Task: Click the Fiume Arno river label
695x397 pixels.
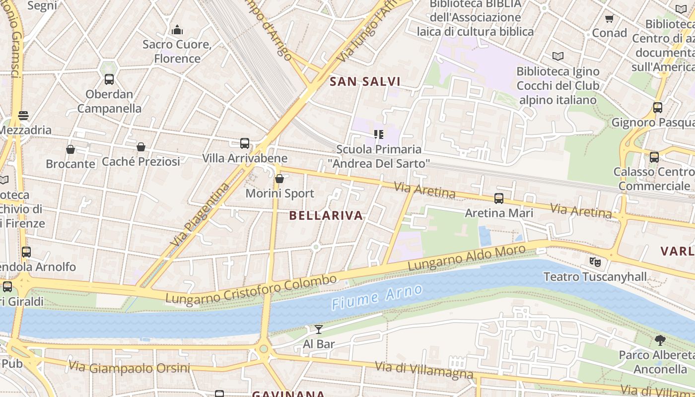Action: pyautogui.click(x=377, y=297)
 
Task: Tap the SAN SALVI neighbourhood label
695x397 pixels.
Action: pyautogui.click(x=365, y=82)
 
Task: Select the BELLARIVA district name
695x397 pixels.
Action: pyautogui.click(x=326, y=215)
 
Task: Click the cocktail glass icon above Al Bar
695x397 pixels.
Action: pyautogui.click(x=319, y=330)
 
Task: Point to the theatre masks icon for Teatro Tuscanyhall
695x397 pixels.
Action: pyautogui.click(x=595, y=262)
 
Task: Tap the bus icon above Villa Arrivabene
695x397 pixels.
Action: pyautogui.click(x=245, y=143)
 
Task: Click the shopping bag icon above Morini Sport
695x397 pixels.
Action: pyautogui.click(x=279, y=179)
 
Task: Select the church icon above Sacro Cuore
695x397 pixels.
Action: pyautogui.click(x=177, y=30)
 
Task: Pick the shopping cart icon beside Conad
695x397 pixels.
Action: pyautogui.click(x=610, y=19)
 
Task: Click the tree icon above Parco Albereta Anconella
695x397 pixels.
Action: pyautogui.click(x=660, y=340)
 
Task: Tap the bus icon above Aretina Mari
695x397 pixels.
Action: pyautogui.click(x=499, y=198)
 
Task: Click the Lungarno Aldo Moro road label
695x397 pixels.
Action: pyautogui.click(x=466, y=258)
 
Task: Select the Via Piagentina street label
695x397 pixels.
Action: pyautogui.click(x=201, y=215)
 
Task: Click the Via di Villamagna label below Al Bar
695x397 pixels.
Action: pyautogui.click(x=424, y=370)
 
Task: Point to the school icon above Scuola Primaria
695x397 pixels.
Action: pyautogui.click(x=379, y=134)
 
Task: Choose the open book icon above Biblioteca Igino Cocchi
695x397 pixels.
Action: pyautogui.click(x=558, y=57)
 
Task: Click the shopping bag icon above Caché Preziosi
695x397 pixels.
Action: pyautogui.click(x=141, y=147)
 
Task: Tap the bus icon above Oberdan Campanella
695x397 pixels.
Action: pyautogui.click(x=109, y=79)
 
